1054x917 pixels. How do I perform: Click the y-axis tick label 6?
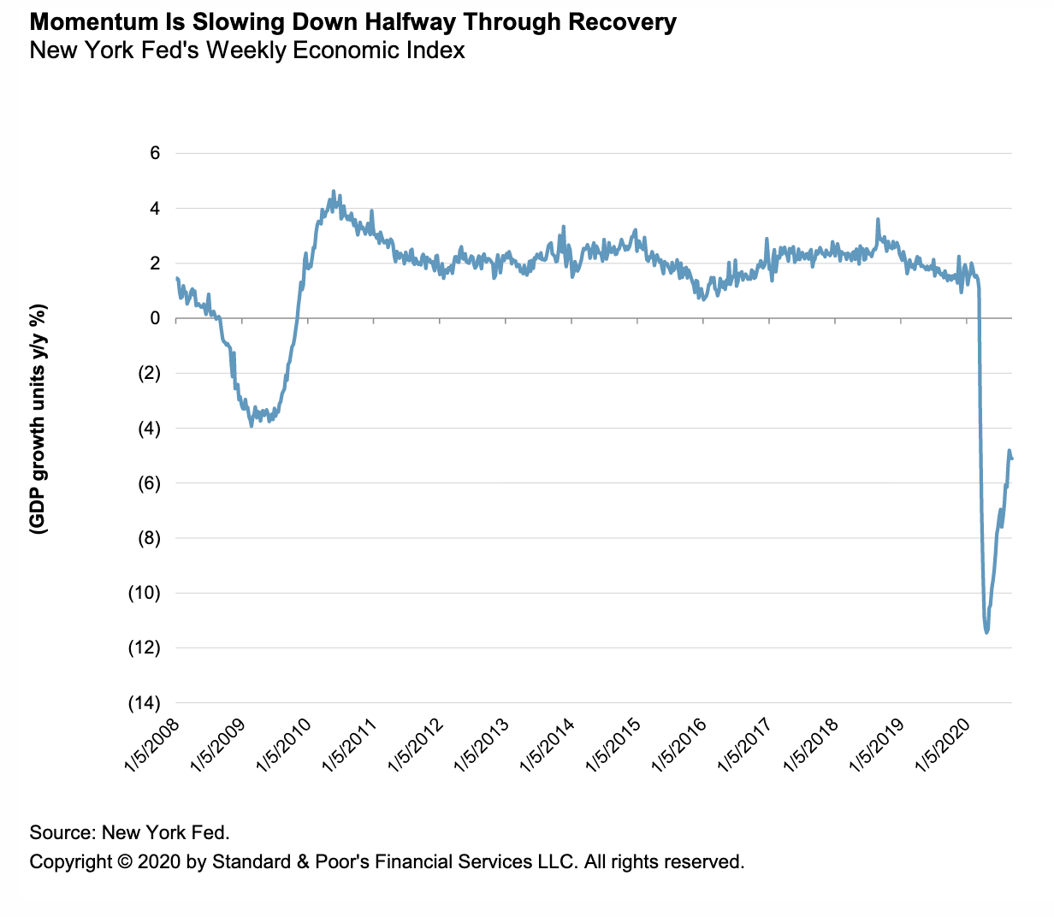pyautogui.click(x=155, y=153)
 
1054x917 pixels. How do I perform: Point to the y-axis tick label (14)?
pyautogui.click(x=144, y=703)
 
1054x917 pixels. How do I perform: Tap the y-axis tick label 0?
pyautogui.click(x=155, y=318)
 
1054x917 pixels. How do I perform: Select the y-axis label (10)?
pyautogui.click(x=144, y=593)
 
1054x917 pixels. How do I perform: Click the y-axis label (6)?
pyautogui.click(x=148, y=483)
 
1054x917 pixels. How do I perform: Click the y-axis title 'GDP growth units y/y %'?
pyautogui.click(x=38, y=419)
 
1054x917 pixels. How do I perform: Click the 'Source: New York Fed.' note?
pyautogui.click(x=130, y=832)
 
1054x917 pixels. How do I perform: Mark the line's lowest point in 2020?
pyautogui.click(x=987, y=632)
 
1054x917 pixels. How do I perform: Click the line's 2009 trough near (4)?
pyautogui.click(x=251, y=425)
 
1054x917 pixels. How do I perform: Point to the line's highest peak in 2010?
pyautogui.click(x=334, y=192)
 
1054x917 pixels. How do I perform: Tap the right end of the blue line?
pyautogui.click(x=1012, y=459)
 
